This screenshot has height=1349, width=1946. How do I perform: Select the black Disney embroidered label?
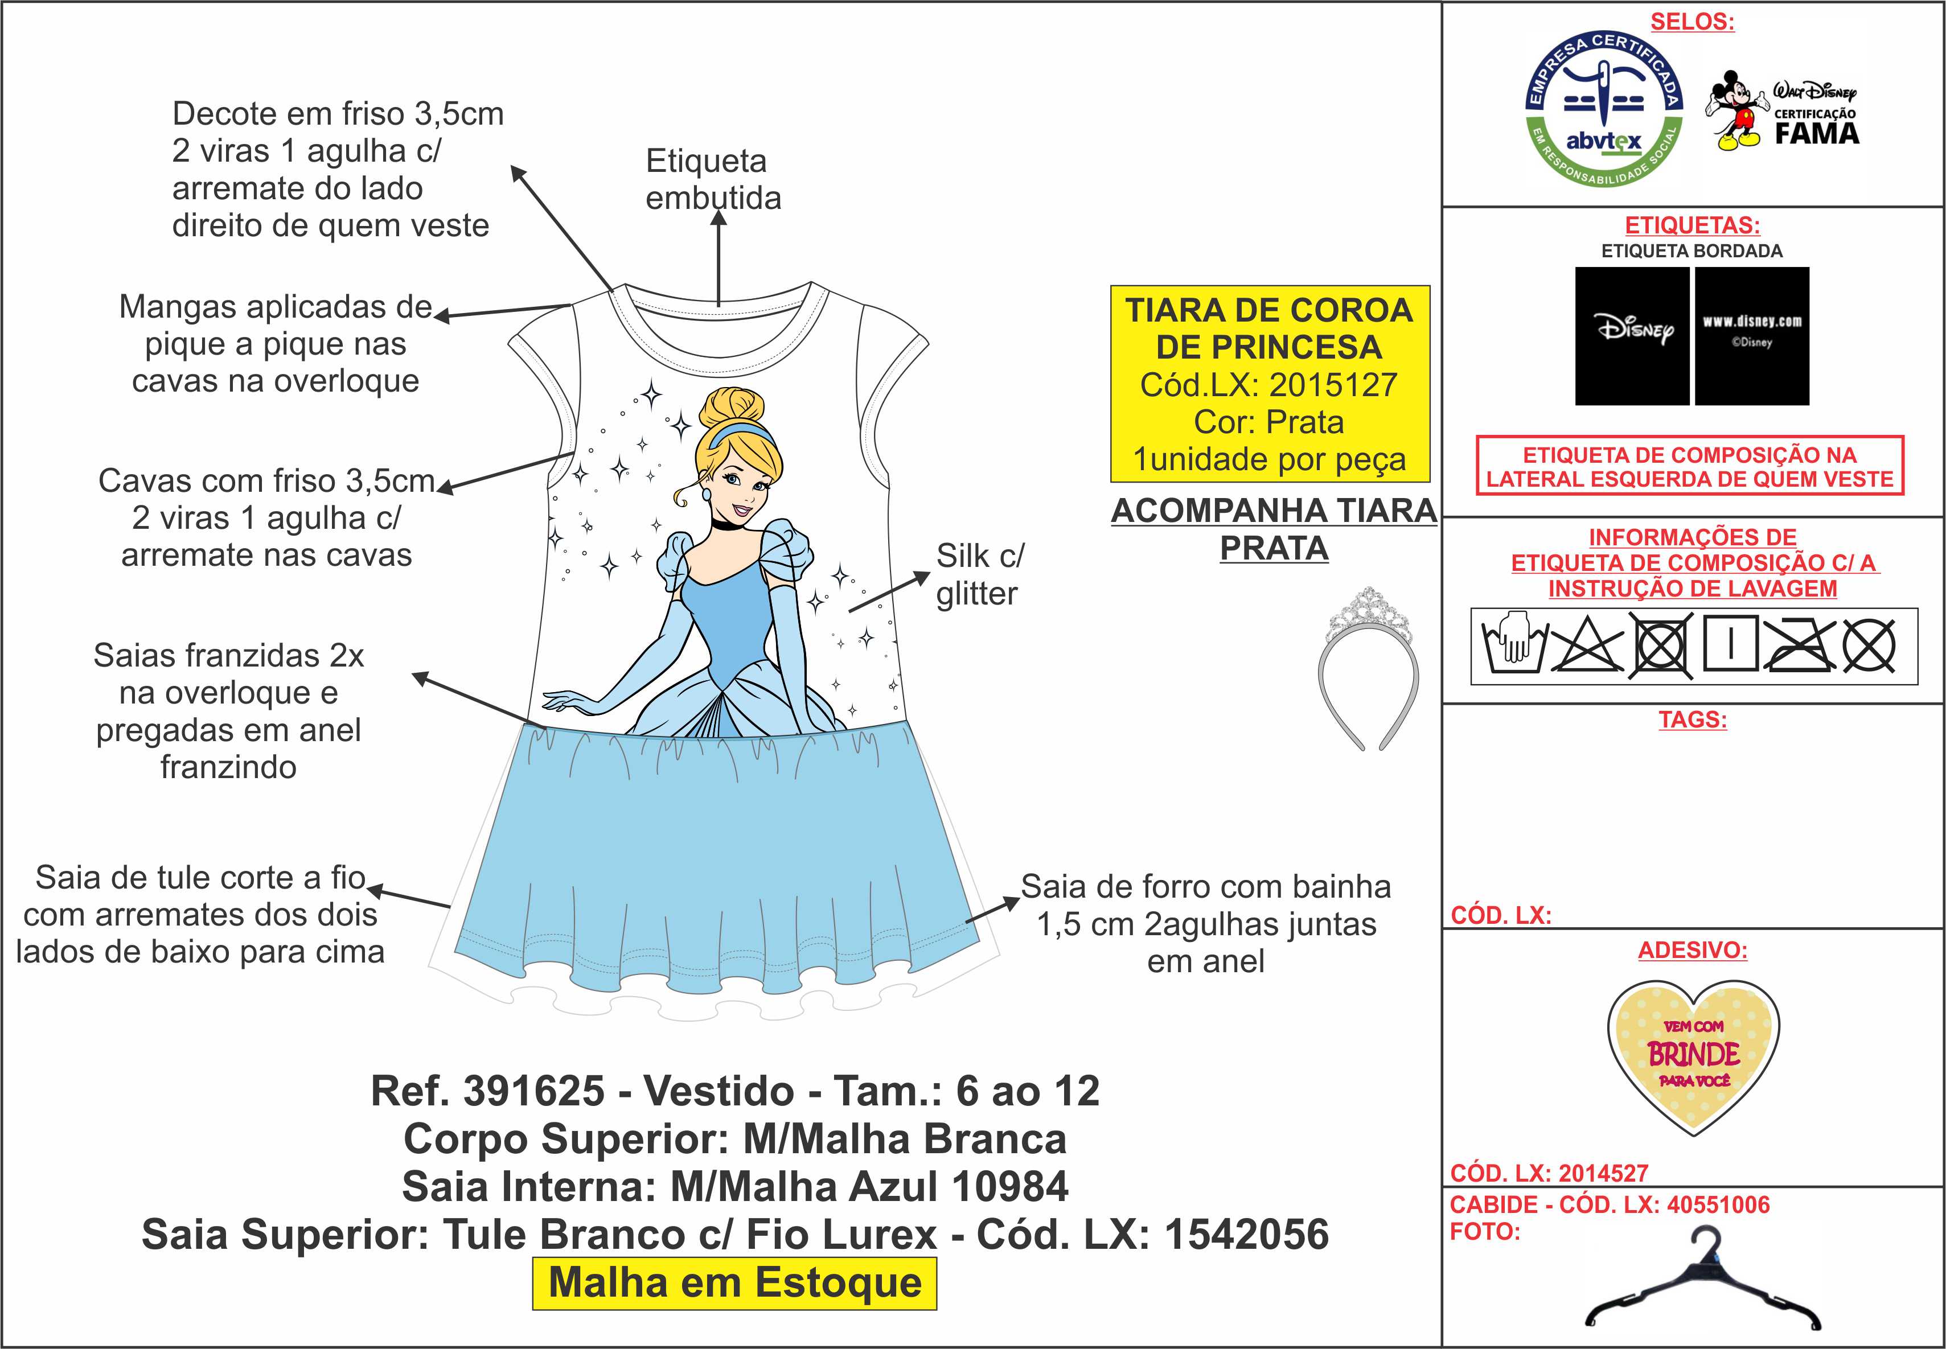[x=1632, y=336]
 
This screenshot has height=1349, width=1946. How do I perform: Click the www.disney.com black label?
[x=1751, y=336]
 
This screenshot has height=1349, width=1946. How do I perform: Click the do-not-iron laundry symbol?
[x=1797, y=646]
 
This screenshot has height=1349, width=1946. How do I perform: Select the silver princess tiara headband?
[x=1368, y=668]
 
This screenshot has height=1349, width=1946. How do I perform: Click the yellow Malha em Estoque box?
[x=734, y=1283]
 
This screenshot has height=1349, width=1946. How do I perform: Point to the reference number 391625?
[x=533, y=1091]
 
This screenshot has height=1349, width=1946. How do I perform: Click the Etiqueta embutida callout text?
[x=713, y=179]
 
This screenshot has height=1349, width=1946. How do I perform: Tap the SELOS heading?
[x=1693, y=22]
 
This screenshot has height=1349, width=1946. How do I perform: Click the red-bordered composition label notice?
[x=1689, y=467]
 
